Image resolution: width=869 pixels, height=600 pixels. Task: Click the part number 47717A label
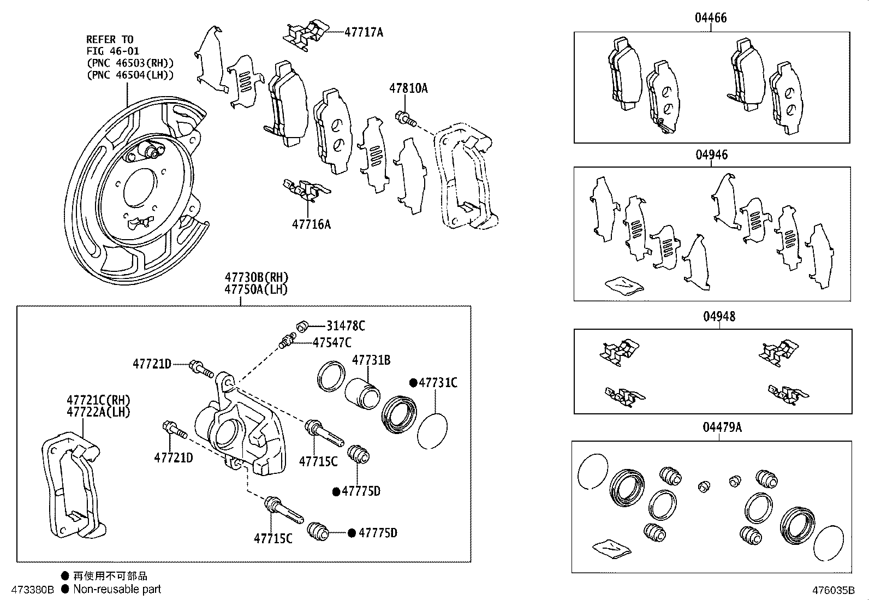[x=364, y=32]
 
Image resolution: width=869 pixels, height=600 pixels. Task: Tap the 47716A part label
[x=311, y=224]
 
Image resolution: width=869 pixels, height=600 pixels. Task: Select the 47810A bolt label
[x=408, y=88]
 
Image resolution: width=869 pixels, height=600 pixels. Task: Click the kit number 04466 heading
[x=711, y=18]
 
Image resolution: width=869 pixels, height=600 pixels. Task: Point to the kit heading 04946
[x=711, y=155]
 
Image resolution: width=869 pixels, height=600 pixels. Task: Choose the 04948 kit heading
[x=719, y=317]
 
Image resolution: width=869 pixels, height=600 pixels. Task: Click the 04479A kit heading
[x=722, y=427]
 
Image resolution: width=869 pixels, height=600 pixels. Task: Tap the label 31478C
[x=346, y=326]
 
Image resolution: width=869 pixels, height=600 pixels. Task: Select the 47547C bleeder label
[x=332, y=343]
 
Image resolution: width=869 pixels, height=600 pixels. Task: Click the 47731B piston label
[x=371, y=360]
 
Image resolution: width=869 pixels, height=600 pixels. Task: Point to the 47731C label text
[x=438, y=383]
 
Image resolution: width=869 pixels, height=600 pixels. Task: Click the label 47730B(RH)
[x=256, y=277]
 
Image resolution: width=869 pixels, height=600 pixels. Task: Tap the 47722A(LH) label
[x=98, y=412]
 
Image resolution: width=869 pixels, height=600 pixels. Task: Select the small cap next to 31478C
[x=302, y=326]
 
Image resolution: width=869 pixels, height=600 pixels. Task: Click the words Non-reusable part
[x=117, y=589]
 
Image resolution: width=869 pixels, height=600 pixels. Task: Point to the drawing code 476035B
[x=832, y=590]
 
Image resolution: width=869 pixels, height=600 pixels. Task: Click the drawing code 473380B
[x=33, y=590]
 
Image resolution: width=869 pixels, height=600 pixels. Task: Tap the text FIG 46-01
[x=112, y=51]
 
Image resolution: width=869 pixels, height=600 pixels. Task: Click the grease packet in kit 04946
[x=623, y=285]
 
